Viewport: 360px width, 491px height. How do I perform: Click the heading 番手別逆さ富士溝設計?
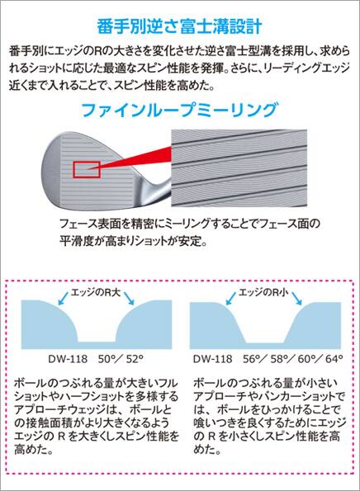point(179,26)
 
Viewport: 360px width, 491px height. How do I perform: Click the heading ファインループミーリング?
point(179,110)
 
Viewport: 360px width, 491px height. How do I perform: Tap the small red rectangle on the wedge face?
point(87,170)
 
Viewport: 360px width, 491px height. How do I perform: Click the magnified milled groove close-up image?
point(239,168)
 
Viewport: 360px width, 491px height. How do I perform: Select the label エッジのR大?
point(96,292)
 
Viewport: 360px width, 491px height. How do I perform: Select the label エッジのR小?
point(263,292)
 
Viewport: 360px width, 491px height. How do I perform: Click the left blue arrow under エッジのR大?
point(64,297)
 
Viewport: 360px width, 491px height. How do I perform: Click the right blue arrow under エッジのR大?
point(129,298)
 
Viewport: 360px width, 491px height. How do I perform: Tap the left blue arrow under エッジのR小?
point(231,297)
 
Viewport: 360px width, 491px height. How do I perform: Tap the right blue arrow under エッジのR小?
point(296,298)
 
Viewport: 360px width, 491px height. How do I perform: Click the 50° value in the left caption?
point(107,359)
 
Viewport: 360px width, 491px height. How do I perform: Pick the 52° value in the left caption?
point(135,359)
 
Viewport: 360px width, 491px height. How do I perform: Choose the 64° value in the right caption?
point(334,359)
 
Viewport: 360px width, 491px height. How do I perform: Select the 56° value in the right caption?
point(252,359)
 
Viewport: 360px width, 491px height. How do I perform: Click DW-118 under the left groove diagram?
point(68,359)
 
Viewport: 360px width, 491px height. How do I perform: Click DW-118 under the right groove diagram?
point(213,359)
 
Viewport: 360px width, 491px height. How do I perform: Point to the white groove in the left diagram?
point(97,326)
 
